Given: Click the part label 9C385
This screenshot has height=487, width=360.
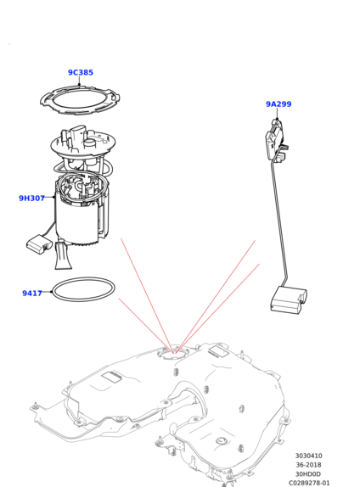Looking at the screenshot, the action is (81, 72).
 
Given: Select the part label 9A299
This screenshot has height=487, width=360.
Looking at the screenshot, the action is (278, 104).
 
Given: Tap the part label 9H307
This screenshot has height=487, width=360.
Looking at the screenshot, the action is (32, 198).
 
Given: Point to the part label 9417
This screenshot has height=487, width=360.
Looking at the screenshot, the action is (32, 293).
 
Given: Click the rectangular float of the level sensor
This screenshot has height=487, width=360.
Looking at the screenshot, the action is (288, 299).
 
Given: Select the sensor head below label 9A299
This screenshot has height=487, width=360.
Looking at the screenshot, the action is (276, 139).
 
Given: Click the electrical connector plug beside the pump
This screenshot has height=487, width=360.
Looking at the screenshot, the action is (39, 243).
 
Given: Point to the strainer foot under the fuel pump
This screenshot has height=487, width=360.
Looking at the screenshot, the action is (63, 255).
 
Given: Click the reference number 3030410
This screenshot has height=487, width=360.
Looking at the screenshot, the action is (308, 456).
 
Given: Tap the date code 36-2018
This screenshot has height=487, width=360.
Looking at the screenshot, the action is (308, 465).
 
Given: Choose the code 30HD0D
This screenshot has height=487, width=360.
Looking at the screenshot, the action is (307, 474).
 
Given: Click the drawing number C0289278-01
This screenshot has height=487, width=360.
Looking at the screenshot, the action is (309, 483).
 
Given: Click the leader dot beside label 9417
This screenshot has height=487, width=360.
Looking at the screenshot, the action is (51, 292).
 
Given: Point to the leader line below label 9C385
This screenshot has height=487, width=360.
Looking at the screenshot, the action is (79, 81).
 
